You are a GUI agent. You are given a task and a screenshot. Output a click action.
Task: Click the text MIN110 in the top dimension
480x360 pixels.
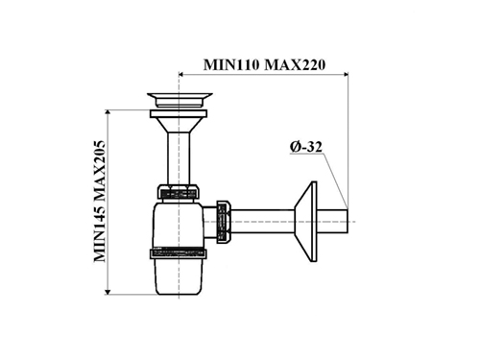coord(231,65)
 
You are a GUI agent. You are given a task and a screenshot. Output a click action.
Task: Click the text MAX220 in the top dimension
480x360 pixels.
coord(295,65)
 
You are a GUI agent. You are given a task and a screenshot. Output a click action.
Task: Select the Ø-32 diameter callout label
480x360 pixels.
coord(306,147)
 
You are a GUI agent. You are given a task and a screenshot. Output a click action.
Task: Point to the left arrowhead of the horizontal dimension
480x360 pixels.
coord(180,75)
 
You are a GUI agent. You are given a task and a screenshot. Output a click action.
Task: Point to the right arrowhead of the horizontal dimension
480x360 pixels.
coord(346,75)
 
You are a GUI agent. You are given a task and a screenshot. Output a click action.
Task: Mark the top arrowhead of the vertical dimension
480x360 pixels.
coord(108,112)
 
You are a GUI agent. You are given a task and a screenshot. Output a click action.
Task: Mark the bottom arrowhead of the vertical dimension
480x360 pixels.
coord(108,292)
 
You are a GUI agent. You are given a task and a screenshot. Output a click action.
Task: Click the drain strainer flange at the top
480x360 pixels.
coord(180,100)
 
